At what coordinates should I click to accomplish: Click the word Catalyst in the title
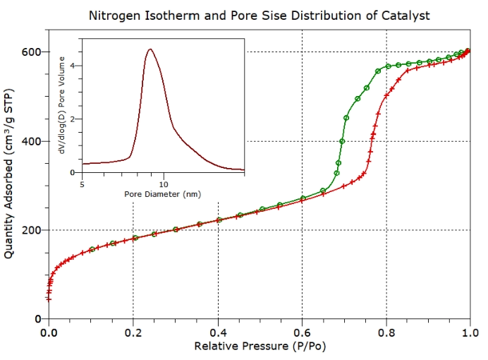coord(404,15)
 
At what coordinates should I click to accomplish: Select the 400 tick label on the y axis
coord(32,141)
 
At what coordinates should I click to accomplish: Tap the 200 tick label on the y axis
coord(32,230)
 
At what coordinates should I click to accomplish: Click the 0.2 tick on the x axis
coord(133,331)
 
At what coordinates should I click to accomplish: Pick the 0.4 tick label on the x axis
coord(218,331)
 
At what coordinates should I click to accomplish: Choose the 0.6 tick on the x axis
coord(303,331)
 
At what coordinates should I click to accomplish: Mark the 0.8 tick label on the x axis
coord(387,331)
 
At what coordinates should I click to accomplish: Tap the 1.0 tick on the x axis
coord(470,331)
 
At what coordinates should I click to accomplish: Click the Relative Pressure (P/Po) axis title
coord(260,347)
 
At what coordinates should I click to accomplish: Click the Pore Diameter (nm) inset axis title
coord(163,193)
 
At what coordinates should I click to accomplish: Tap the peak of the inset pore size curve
coord(150,49)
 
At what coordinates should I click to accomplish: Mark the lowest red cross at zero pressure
coord(49,299)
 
